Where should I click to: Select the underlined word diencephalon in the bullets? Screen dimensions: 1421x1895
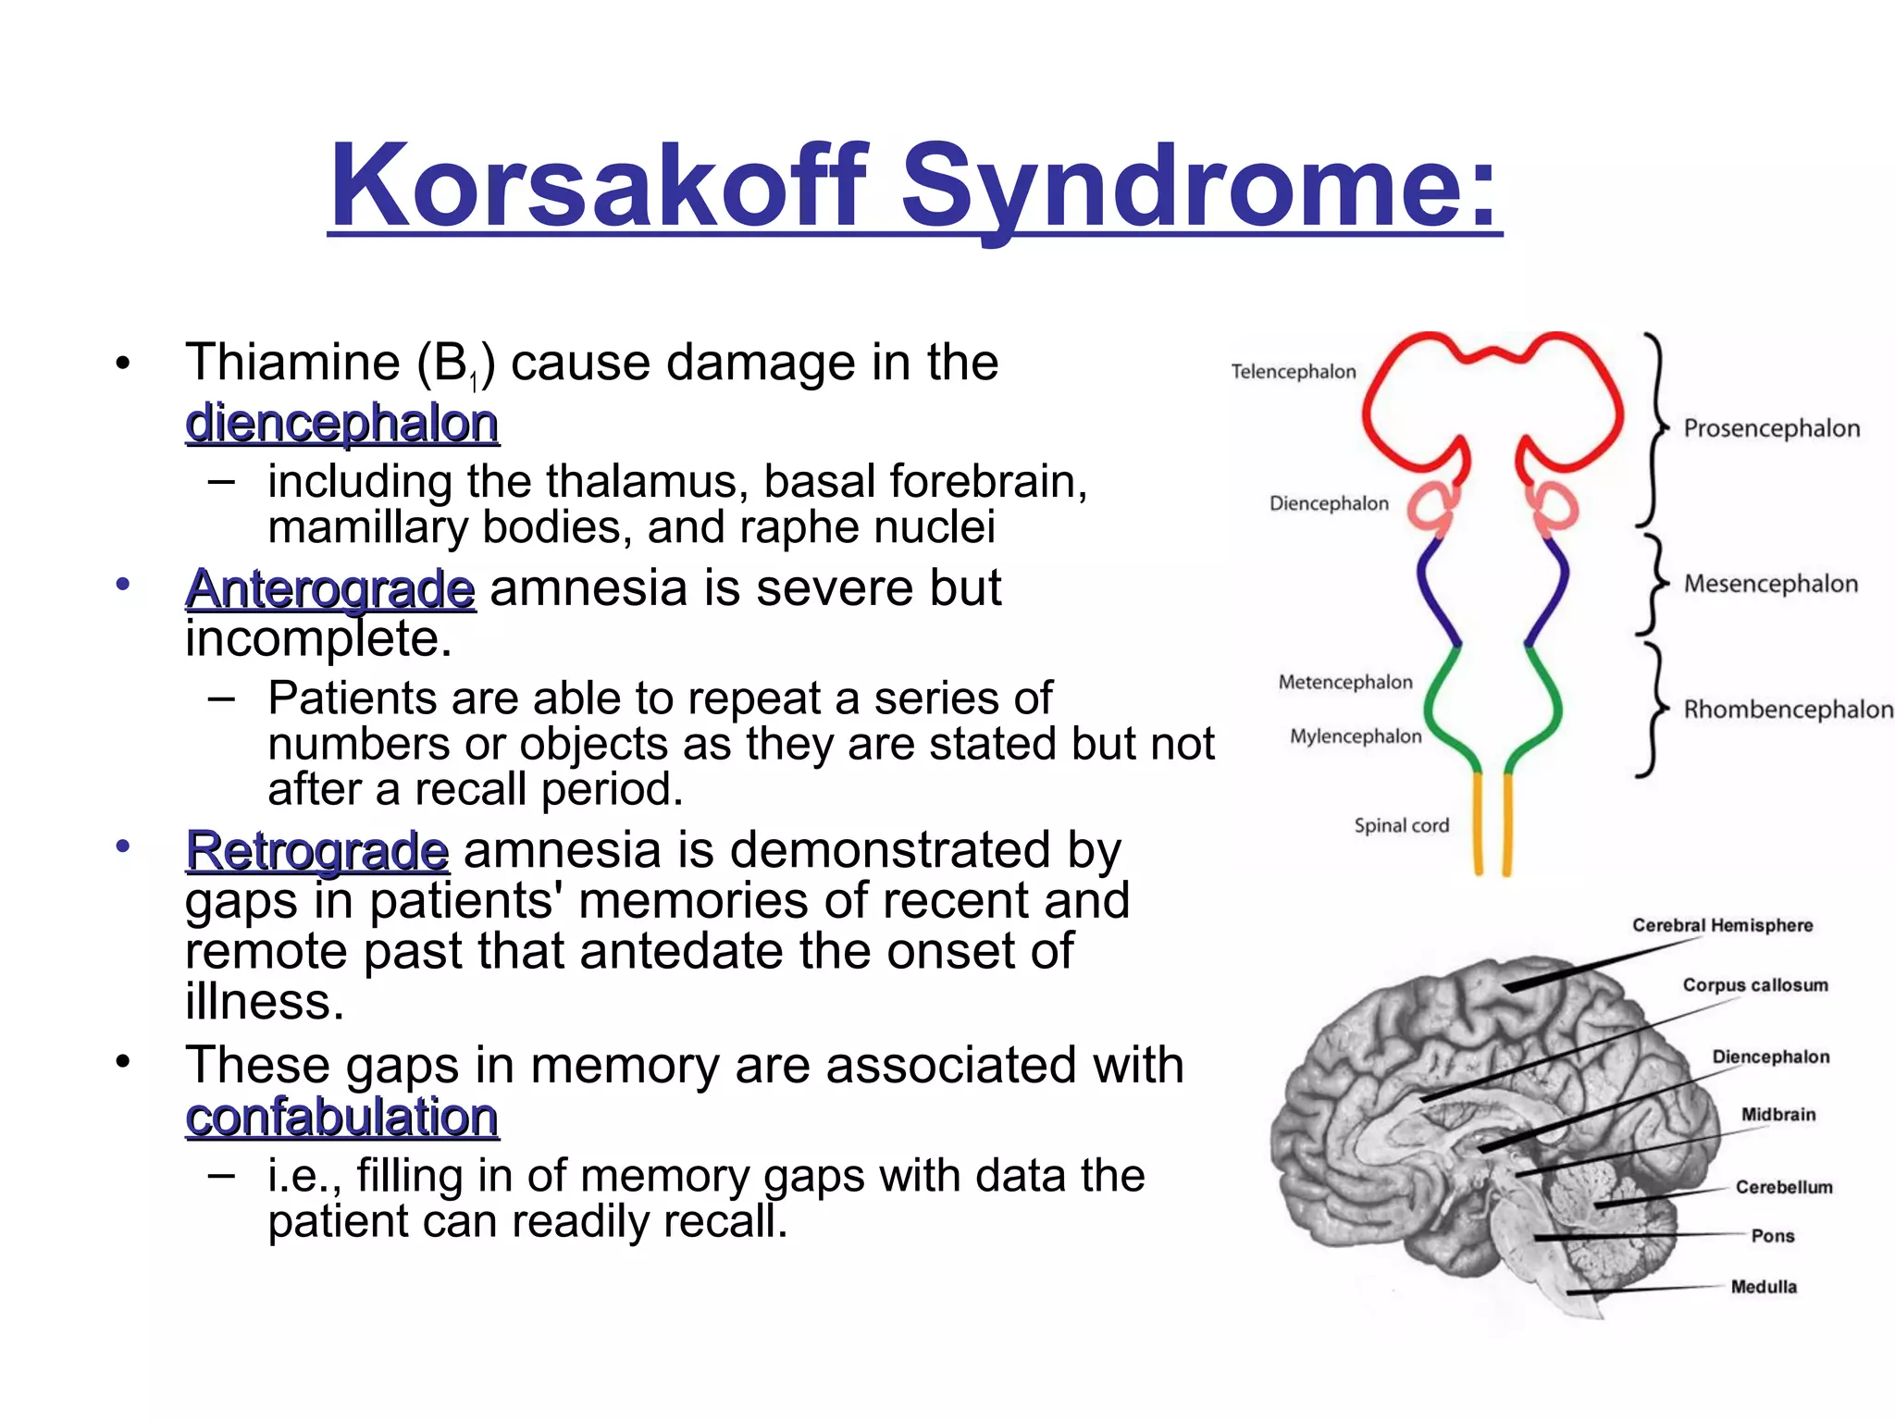[x=341, y=424]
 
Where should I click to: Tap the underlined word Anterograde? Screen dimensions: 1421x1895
[x=330, y=588]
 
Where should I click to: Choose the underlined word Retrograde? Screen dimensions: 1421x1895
[x=317, y=850]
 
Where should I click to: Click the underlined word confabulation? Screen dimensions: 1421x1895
[x=341, y=1117]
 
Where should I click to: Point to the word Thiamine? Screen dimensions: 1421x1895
[x=292, y=362]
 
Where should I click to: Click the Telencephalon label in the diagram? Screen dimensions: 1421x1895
[x=1293, y=372]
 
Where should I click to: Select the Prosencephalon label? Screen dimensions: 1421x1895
[x=1771, y=428]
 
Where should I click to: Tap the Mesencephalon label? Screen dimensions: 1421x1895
[x=1770, y=584]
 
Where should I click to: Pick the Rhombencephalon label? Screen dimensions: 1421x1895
[x=1788, y=710]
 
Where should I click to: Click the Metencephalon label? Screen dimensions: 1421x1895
[x=1344, y=682]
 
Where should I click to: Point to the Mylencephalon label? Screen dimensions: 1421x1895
[x=1355, y=736]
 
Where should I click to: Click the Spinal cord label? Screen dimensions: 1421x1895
[x=1401, y=825]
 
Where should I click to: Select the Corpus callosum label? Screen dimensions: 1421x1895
[x=1754, y=985]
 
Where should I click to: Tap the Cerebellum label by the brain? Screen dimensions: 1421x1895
[x=1783, y=1187]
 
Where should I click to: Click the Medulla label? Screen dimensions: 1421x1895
[x=1764, y=1287]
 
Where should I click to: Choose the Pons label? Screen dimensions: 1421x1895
[x=1772, y=1236]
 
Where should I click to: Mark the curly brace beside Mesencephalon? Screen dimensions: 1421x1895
[x=1653, y=584]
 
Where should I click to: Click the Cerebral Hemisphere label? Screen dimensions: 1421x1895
[x=1722, y=925]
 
